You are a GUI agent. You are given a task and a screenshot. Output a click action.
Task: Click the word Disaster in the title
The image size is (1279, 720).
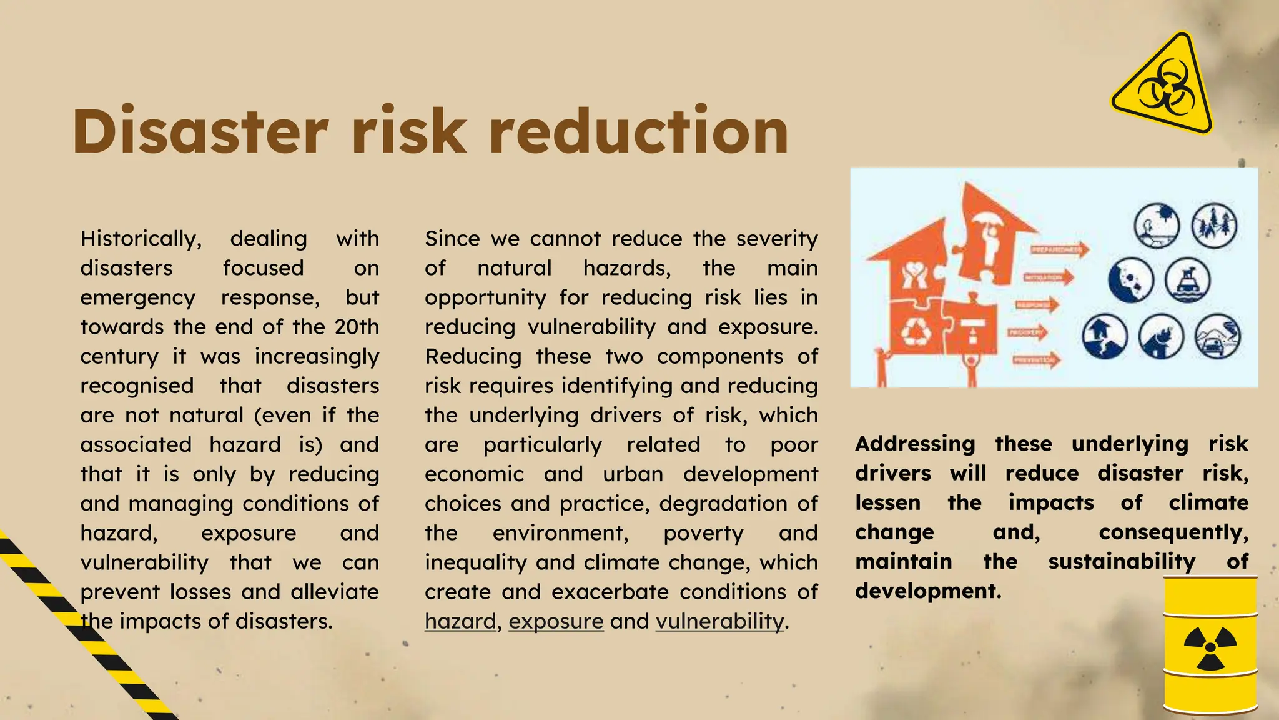coord(200,132)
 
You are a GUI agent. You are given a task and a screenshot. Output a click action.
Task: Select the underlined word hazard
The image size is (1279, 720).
coord(460,621)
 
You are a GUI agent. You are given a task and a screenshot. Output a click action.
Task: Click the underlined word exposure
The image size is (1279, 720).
coord(556,621)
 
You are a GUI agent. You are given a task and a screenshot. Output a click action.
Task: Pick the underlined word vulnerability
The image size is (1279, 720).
coord(719,621)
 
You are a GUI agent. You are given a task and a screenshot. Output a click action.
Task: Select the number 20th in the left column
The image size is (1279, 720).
coord(357,327)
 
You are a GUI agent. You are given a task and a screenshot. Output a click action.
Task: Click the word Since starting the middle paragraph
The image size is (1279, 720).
coord(452,239)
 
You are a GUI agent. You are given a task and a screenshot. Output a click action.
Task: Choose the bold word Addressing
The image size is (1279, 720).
coord(915,444)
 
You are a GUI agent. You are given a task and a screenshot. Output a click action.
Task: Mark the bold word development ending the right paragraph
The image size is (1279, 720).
coord(927,591)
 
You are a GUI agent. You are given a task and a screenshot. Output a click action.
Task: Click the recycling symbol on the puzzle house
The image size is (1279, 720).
coord(916,331)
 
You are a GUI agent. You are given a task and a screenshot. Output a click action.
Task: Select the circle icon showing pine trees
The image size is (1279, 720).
coord(1214,225)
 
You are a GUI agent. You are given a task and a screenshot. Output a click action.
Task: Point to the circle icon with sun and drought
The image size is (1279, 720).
coord(1157,225)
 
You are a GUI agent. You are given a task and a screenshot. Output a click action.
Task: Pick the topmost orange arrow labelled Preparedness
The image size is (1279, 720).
coord(1059,250)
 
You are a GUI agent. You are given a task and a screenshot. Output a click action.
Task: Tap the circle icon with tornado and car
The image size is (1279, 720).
coord(1217,336)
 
